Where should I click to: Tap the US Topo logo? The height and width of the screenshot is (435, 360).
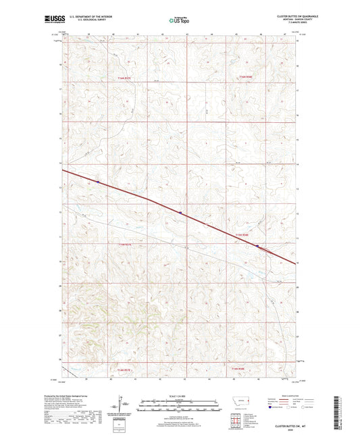pyautogui.click(x=178, y=21)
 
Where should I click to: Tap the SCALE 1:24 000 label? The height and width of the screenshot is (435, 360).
pyautogui.click(x=179, y=396)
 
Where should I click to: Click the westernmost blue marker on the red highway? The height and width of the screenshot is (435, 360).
pyautogui.click(x=97, y=182)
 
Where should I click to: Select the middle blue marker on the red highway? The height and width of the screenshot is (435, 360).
pyautogui.click(x=180, y=213)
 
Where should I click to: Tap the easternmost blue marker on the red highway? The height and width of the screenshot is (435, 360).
pyautogui.click(x=257, y=246)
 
